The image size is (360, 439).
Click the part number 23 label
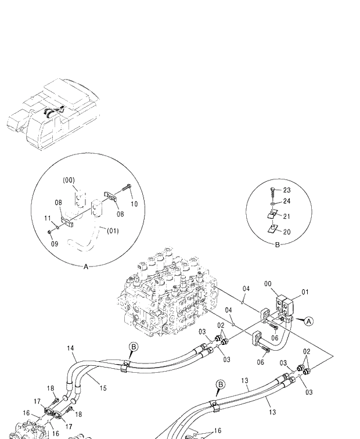[286, 190]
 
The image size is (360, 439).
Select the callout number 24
[286, 201]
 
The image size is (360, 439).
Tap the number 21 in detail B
[286, 217]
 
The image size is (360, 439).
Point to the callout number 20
[286, 232]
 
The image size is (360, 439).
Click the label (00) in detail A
[69, 180]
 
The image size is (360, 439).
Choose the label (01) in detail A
[113, 231]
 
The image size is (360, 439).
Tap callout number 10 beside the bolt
[134, 204]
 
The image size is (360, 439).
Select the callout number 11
[48, 218]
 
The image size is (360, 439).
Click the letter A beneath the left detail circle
[86, 266]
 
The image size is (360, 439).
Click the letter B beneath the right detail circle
[277, 245]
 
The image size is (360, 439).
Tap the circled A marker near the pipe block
[309, 321]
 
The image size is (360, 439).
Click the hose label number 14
[70, 348]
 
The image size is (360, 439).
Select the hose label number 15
[103, 387]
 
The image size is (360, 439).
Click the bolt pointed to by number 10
[127, 189]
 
